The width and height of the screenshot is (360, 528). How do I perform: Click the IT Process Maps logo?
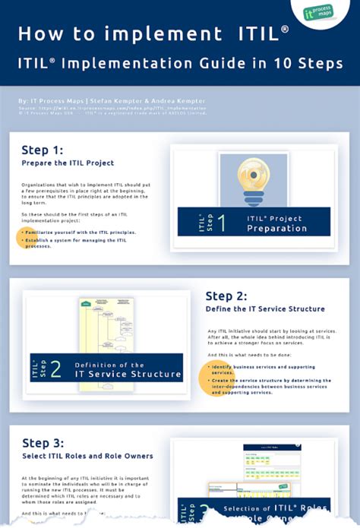click(320, 13)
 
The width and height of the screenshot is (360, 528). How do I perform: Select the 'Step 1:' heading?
click(43, 149)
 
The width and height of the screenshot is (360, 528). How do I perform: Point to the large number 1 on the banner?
click(220, 222)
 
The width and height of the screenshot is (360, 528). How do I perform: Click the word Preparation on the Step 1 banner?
click(276, 228)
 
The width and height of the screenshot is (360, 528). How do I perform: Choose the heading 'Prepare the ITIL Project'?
click(68, 163)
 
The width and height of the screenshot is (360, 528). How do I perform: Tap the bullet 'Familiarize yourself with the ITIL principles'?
click(79, 232)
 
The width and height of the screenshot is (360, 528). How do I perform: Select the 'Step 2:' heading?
click(227, 296)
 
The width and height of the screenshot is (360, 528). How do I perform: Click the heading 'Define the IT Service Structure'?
click(265, 309)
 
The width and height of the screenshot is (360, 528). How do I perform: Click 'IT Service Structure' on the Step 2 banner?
click(128, 375)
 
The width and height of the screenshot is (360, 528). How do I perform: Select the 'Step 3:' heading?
click(43, 443)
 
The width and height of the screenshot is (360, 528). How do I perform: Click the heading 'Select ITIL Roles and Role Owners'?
click(87, 456)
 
